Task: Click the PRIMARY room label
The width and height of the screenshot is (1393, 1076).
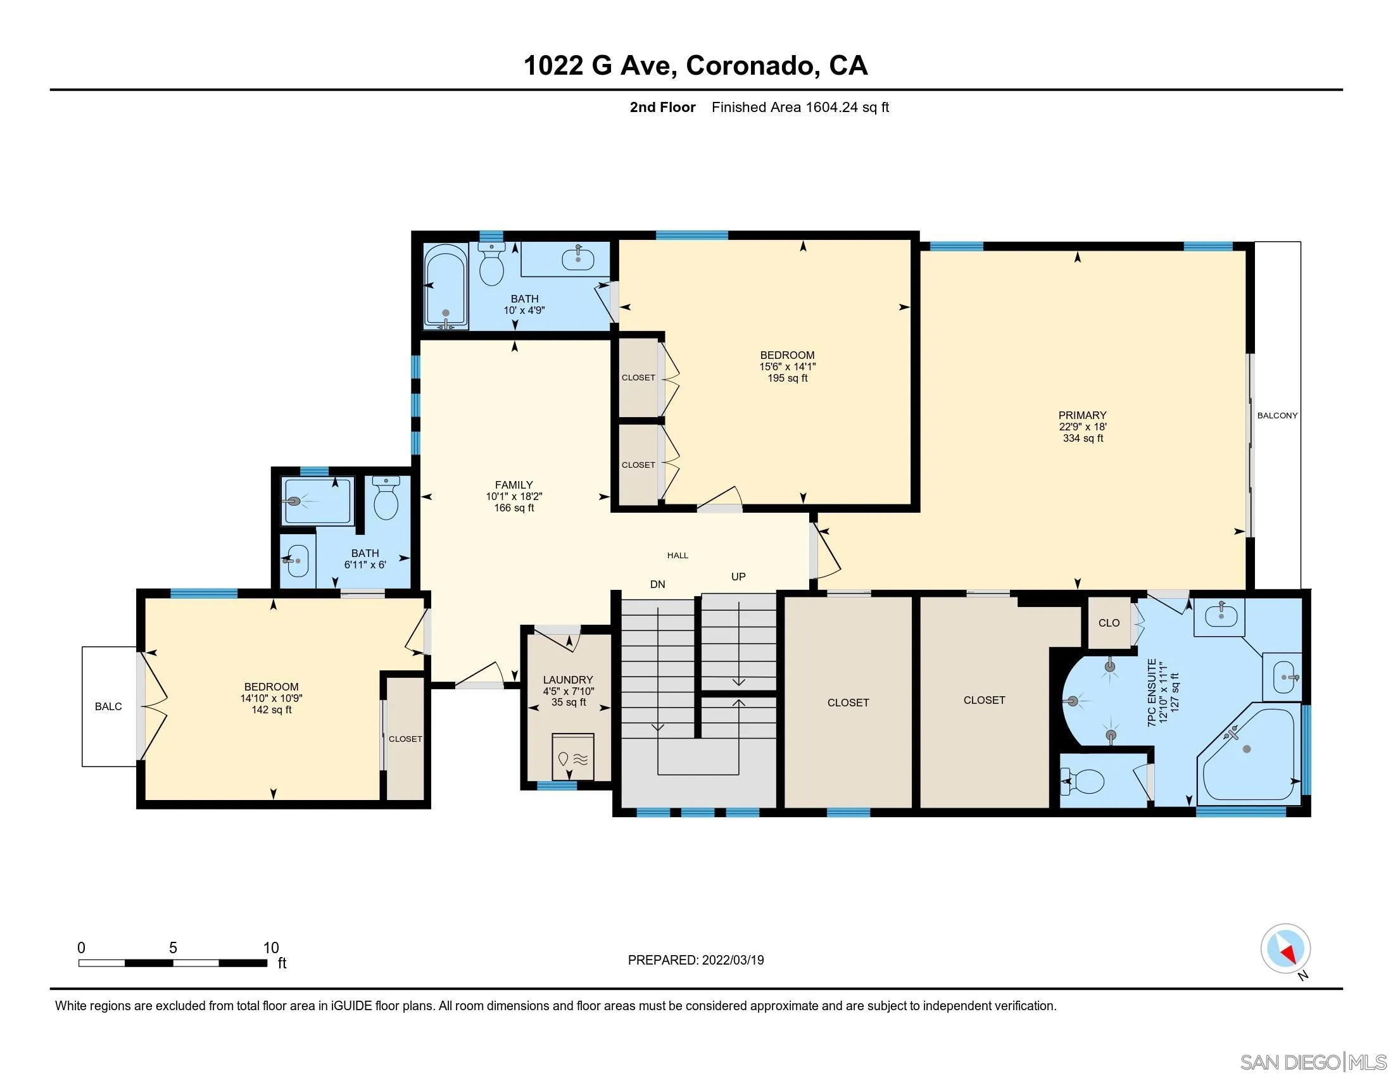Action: coord(1082,415)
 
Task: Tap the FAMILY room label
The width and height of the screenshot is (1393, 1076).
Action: coord(514,485)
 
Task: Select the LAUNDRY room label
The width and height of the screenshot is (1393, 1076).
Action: coord(568,680)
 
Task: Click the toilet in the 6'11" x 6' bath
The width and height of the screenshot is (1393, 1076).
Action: coord(385,500)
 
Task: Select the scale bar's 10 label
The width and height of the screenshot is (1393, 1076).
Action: coord(271,948)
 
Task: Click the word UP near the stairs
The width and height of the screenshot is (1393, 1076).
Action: coord(738,577)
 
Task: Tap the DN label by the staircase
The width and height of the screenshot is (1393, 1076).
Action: coord(658,585)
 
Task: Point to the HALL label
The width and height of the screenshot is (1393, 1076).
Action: coord(678,556)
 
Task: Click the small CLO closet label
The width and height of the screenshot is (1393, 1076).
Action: coord(1109,623)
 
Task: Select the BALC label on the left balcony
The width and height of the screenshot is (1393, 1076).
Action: coord(108,706)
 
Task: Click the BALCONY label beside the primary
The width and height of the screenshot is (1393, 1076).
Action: coord(1277,416)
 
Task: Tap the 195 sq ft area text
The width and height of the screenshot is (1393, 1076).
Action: coord(787,378)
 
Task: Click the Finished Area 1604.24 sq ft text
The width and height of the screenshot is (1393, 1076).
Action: coord(800,107)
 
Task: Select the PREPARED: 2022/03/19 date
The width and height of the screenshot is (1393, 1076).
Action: coord(696,960)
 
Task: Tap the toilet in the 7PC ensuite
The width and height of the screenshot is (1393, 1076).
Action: coord(1084,780)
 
